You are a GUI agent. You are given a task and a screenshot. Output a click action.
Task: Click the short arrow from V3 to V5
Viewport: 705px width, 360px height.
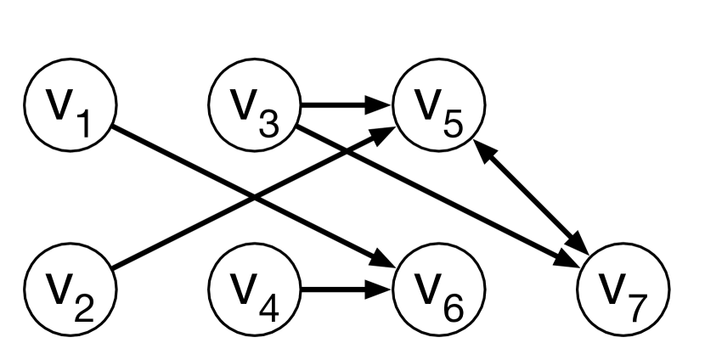coord(344,106)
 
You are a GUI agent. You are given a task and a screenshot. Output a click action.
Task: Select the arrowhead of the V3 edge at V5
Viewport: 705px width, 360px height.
coord(382,106)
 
